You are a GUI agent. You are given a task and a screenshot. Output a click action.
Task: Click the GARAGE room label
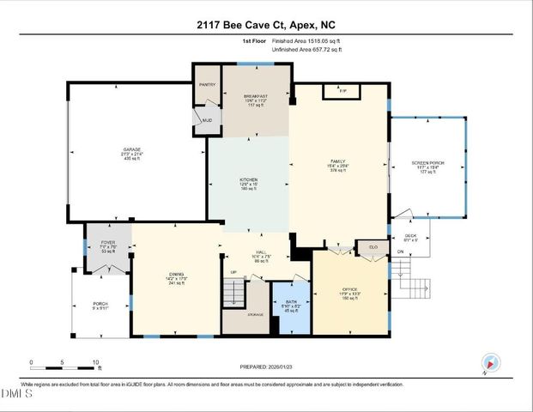pos(131,149)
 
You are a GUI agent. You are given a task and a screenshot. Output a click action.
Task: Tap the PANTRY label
pos(207,85)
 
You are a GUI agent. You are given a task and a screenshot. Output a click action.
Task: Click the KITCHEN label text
pos(248,179)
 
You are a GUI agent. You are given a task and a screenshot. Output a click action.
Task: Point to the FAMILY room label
pos(337,161)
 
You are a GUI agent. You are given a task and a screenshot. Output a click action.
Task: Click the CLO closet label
pos(372,247)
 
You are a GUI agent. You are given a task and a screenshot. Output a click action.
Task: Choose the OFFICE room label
pos(350,289)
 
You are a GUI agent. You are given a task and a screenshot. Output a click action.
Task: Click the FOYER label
pos(107,246)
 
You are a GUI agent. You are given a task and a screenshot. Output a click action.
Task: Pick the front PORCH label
pos(101,304)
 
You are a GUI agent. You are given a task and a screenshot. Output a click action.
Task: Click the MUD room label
pos(207,120)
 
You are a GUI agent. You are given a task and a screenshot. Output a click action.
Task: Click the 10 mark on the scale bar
pos(95,361)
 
